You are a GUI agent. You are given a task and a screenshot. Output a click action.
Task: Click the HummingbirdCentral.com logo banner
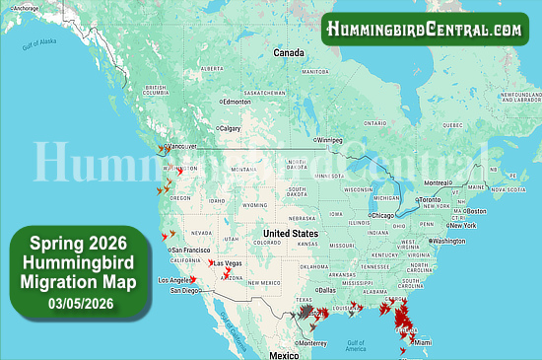tap(426, 29)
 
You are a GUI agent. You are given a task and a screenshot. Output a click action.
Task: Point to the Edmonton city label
tap(237, 102)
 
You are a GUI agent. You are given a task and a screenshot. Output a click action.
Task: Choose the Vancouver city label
tap(181, 146)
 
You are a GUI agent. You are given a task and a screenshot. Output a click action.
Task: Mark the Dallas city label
tap(328, 290)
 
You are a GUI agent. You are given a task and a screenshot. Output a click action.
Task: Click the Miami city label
tap(422, 342)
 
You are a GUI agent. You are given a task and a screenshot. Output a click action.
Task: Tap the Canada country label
tap(289, 52)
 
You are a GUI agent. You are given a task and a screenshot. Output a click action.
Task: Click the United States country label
tap(291, 235)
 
